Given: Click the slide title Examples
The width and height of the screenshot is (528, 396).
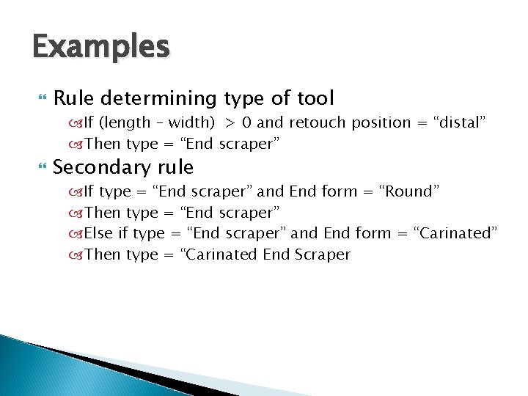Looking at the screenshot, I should pyautogui.click(x=101, y=48).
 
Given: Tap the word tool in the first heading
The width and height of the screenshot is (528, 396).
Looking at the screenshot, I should pyautogui.click(x=315, y=98).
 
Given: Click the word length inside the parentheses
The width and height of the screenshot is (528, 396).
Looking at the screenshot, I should pyautogui.click(x=133, y=122).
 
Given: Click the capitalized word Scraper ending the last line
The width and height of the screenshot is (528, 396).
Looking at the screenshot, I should pyautogui.click(x=323, y=254).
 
